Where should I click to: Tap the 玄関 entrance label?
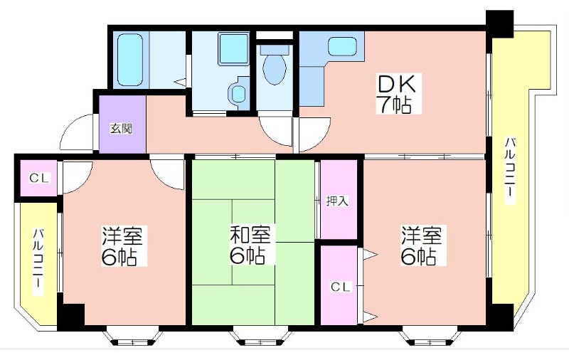(x=121, y=129)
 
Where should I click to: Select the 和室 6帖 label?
(x=250, y=245)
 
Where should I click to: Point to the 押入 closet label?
(x=337, y=201)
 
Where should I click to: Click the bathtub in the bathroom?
(x=130, y=60)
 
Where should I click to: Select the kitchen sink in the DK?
(x=342, y=47)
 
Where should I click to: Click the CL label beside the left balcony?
(x=40, y=178)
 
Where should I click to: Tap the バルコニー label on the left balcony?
(x=38, y=262)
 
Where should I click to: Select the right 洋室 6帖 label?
(x=421, y=245)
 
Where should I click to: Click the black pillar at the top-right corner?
(x=500, y=24)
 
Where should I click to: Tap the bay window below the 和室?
(x=260, y=337)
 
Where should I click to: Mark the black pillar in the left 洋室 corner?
(x=73, y=314)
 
